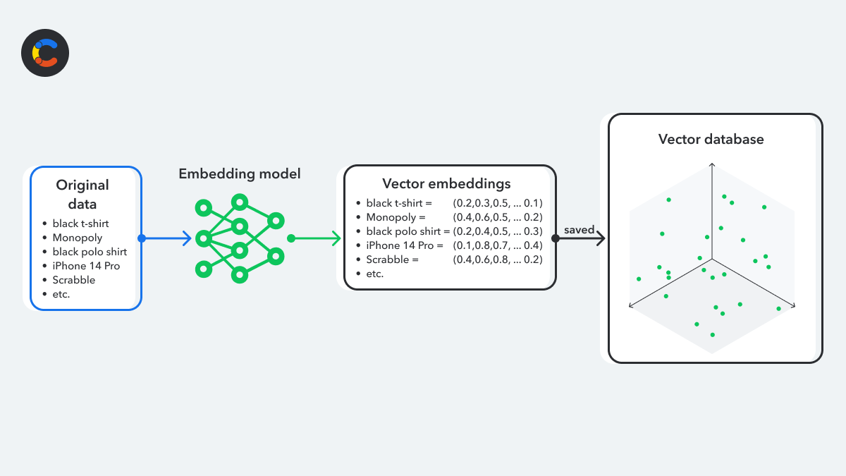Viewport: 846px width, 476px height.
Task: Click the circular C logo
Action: [45, 53]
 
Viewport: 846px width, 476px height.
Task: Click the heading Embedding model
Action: [240, 173]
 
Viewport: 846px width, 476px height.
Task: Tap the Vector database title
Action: [711, 140]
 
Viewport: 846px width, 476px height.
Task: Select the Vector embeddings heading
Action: [446, 184]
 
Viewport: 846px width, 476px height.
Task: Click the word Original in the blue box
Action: [82, 185]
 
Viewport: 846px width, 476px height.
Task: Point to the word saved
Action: [579, 230]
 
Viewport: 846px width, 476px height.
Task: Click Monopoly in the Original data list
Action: [78, 238]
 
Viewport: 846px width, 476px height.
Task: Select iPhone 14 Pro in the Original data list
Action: [86, 266]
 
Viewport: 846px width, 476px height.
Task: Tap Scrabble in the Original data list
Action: [73, 280]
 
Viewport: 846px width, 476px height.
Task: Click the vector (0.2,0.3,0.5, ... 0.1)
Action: [498, 203]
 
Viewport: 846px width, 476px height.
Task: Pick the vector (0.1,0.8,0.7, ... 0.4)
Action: [498, 245]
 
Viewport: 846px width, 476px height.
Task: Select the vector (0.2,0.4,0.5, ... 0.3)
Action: [498, 231]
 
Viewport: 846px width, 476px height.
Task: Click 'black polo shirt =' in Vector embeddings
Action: [408, 231]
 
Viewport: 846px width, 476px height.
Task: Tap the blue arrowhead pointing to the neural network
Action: [188, 238]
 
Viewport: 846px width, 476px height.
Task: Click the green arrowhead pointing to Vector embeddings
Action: [336, 238]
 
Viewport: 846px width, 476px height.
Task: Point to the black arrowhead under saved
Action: [601, 238]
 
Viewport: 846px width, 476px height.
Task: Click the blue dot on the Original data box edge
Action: [142, 238]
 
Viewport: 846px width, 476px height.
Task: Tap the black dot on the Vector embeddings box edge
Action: [556, 238]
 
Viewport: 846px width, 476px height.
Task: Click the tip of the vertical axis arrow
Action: [712, 163]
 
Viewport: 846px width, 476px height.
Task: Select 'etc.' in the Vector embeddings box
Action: [374, 274]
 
